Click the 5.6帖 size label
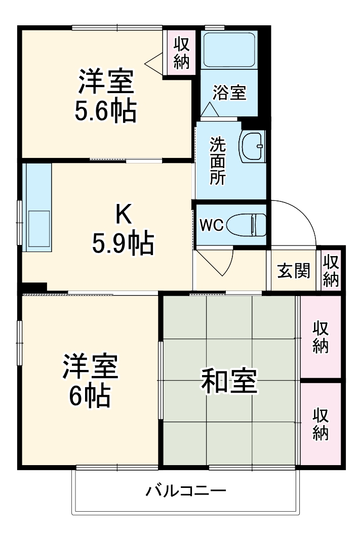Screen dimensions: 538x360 coord(105,112)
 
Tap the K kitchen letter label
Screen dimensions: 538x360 coord(123,216)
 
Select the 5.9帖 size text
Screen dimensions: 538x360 coord(122,244)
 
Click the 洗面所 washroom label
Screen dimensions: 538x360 coord(218,161)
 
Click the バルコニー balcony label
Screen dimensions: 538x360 coord(186,490)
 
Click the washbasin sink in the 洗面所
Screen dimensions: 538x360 coord(253,146)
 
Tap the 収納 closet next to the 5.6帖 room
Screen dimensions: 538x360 coord(181,53)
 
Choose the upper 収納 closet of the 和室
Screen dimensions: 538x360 coord(321,337)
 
